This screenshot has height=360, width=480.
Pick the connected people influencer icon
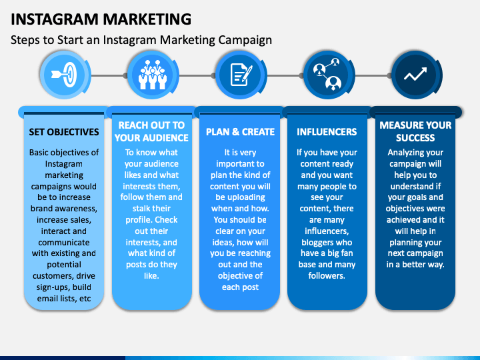pos(327,76)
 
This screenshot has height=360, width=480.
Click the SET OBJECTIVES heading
pos(64,132)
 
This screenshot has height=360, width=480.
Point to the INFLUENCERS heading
pos(327,132)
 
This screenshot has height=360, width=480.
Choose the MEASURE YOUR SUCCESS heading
pos(415,131)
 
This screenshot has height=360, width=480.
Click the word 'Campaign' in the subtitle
pos(245,40)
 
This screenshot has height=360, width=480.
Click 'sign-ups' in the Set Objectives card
pos(55,286)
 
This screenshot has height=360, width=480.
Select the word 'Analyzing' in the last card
pos(405,153)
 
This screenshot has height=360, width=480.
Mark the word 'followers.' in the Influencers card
pos(327,275)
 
